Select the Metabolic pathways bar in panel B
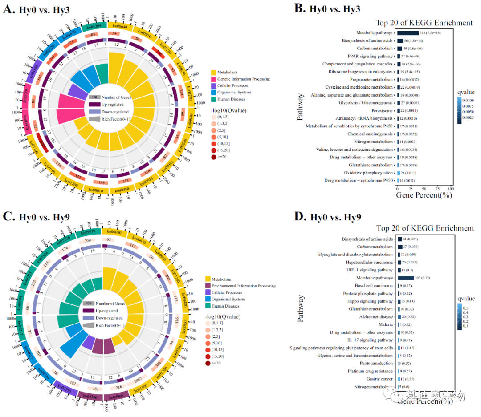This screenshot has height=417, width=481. [408, 32]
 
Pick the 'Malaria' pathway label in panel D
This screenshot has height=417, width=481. [386, 324]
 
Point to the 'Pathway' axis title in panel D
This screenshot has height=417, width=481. [302, 308]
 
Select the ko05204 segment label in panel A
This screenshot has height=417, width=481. [94, 26]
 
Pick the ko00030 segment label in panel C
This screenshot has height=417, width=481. [114, 231]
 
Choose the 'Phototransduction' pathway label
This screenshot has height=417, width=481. [377, 363]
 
